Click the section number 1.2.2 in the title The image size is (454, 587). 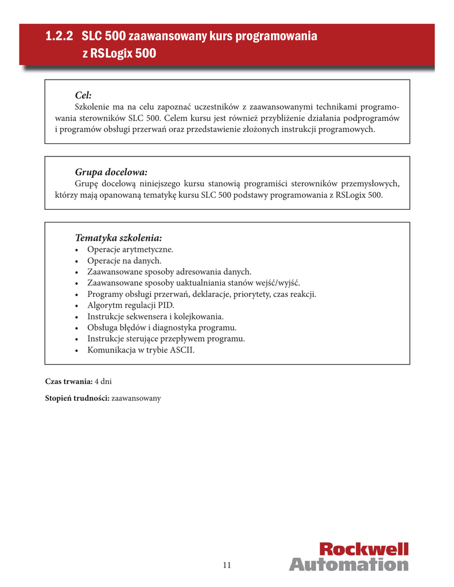pyautogui.click(x=60, y=37)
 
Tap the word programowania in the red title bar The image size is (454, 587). pyautogui.click(x=275, y=37)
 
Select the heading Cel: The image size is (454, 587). pyautogui.click(x=83, y=95)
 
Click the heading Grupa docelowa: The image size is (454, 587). pyautogui.click(x=111, y=171)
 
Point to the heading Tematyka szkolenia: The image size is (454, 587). pyautogui.click(x=118, y=237)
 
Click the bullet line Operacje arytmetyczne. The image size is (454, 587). pyautogui.click(x=130, y=249)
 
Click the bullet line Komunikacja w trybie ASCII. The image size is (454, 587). pyautogui.click(x=141, y=350)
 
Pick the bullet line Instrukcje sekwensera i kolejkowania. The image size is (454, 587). pyautogui.click(x=156, y=316)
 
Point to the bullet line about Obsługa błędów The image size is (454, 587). pyautogui.click(x=162, y=327)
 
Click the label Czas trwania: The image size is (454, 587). pyautogui.click(x=69, y=381)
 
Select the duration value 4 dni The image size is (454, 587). pyautogui.click(x=103, y=381)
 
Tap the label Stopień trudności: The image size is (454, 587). pyautogui.click(x=77, y=398)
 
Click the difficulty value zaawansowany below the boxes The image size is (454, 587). pyautogui.click(x=136, y=398)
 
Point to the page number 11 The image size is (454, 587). pyautogui.click(x=227, y=565)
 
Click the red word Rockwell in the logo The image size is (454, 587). pyautogui.click(x=364, y=549)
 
